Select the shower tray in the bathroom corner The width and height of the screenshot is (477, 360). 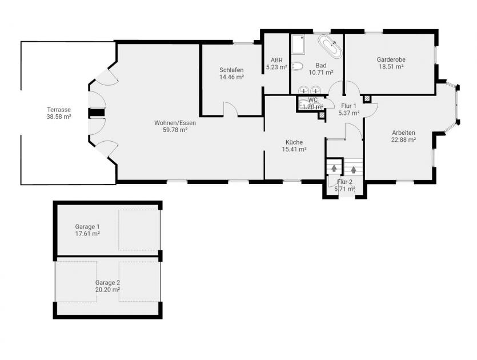(298, 45)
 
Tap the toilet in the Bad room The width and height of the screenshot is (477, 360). (296, 66)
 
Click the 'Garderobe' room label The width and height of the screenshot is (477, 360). (390, 59)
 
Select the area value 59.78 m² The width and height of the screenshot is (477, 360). (175, 130)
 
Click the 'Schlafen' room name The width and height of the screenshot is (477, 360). (231, 70)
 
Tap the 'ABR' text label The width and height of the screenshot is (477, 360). (276, 59)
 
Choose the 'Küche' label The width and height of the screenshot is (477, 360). (294, 142)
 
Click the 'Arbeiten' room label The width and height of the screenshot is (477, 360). (403, 133)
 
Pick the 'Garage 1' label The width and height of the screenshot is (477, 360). (87, 226)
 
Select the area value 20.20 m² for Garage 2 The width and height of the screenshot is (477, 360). (107, 290)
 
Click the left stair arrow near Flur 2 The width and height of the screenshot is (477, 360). (334, 168)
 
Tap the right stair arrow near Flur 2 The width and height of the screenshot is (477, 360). (354, 169)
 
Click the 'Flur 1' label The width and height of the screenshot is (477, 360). (348, 106)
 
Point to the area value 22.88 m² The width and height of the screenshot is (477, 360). (403, 139)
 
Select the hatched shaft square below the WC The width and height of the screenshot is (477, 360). (322, 115)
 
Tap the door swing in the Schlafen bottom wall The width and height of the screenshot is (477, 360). (230, 109)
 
